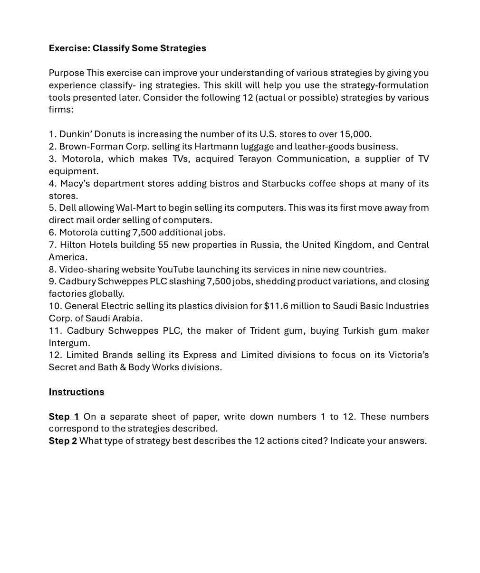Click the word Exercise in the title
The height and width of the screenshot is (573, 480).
69,48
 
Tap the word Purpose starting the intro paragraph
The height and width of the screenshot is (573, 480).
66,73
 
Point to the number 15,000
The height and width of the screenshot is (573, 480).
355,134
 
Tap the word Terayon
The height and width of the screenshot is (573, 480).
255,159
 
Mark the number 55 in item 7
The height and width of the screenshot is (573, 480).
163,245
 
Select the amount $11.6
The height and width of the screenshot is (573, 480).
276,306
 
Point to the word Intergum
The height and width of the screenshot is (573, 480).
69,343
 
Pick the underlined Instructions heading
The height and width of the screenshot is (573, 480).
77,392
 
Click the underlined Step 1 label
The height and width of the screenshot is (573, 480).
64,417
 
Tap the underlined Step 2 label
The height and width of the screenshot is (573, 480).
63,441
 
